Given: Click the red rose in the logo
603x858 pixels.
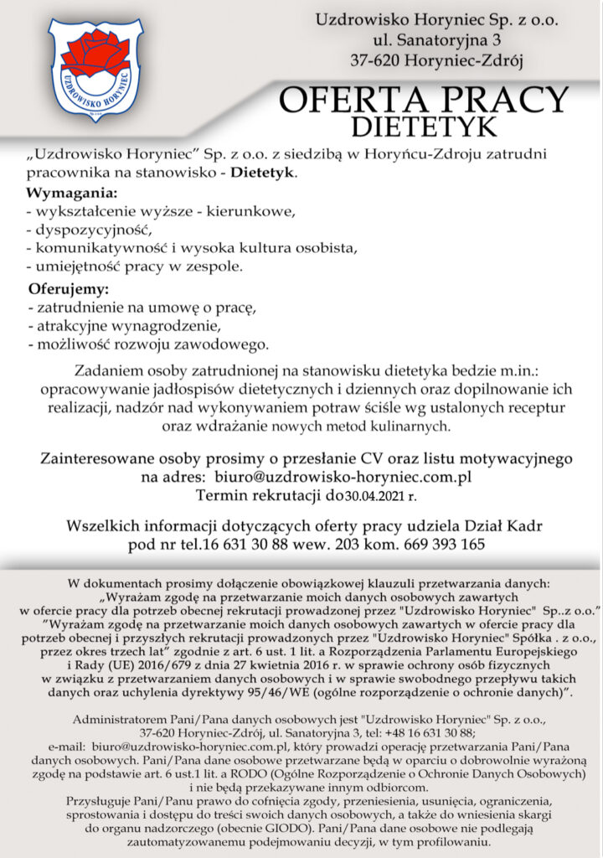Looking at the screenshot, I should coord(93,53).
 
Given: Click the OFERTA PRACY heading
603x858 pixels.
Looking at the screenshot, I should coord(423,101).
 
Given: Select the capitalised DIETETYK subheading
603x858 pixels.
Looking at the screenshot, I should coord(424,127).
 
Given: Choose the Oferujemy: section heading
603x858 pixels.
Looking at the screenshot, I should coord(69,290).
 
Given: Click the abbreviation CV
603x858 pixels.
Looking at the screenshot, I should coord(373,458).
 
